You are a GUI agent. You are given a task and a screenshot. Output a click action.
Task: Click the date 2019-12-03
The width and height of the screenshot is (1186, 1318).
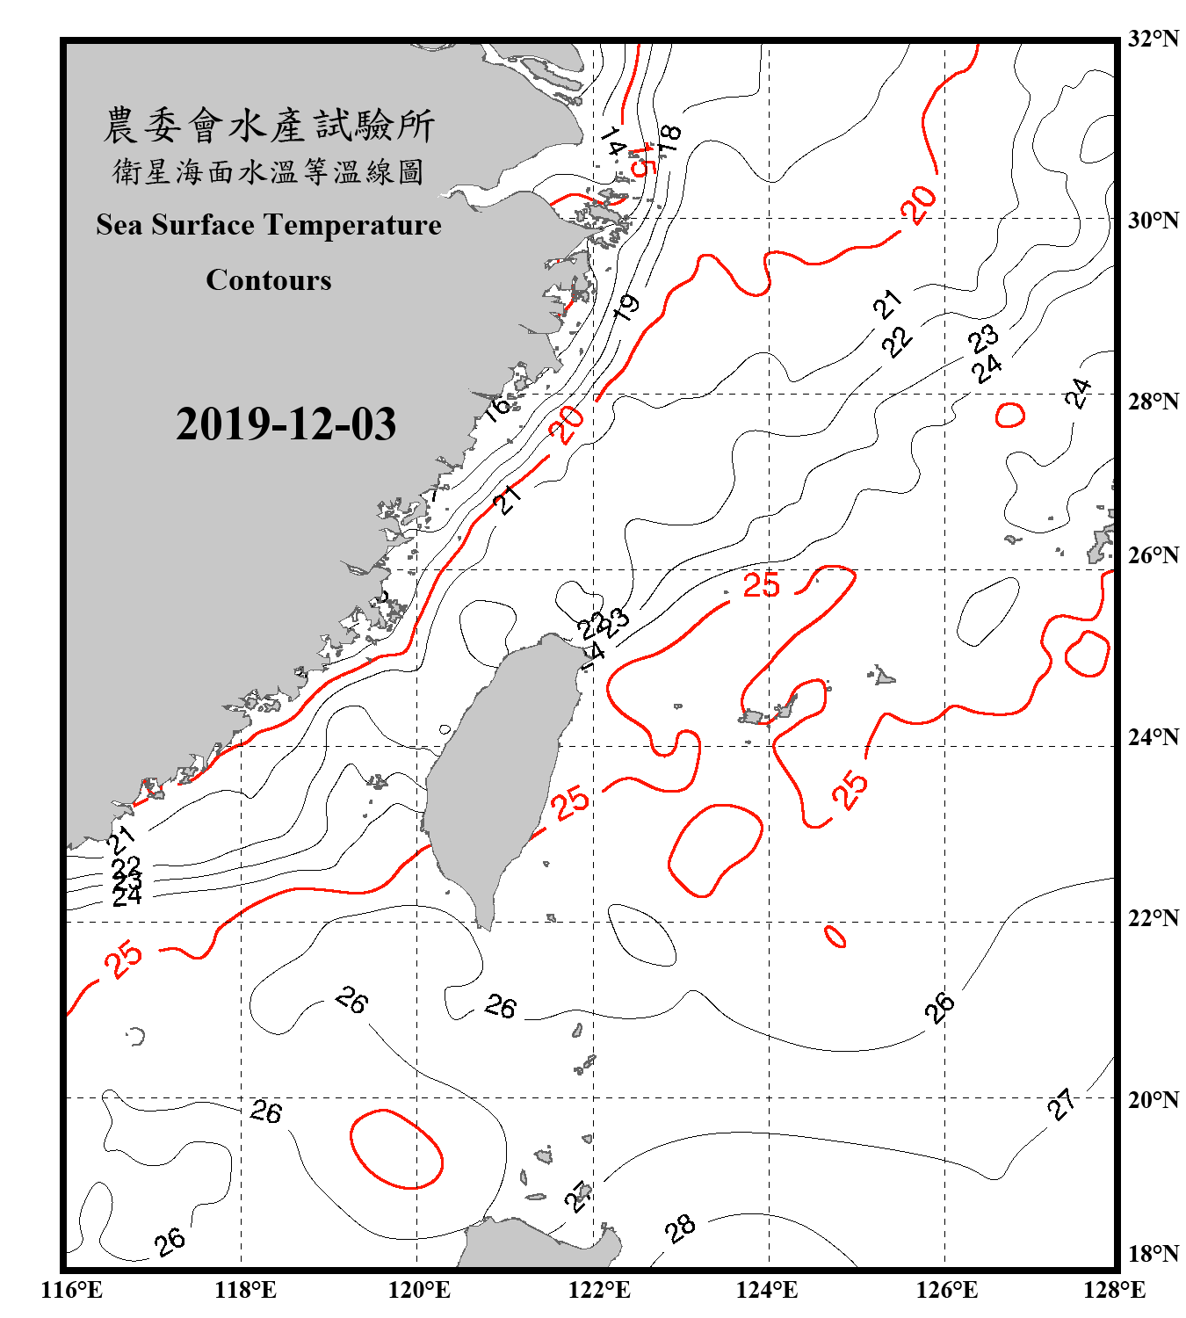click(x=286, y=424)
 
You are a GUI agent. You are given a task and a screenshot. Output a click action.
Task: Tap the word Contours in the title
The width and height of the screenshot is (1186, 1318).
click(x=269, y=280)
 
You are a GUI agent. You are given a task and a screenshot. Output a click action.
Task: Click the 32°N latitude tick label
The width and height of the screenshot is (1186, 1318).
click(x=1153, y=39)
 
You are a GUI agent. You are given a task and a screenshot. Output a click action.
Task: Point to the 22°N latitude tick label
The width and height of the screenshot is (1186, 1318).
click(x=1153, y=918)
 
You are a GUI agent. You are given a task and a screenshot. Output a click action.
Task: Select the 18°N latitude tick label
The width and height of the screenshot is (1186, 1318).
click(x=1153, y=1254)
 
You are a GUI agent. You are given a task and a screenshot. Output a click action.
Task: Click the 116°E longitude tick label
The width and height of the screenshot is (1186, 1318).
click(x=72, y=1290)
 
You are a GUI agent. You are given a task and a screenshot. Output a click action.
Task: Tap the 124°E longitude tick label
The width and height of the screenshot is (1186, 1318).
click(x=767, y=1290)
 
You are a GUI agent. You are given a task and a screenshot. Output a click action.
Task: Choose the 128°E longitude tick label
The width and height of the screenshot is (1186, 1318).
click(x=1114, y=1290)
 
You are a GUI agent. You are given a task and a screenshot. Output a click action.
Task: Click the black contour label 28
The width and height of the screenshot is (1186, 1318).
click(x=680, y=1228)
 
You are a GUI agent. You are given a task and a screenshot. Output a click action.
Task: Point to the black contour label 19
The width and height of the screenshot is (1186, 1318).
click(x=626, y=308)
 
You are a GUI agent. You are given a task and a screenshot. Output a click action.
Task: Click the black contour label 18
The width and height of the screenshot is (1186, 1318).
click(x=669, y=138)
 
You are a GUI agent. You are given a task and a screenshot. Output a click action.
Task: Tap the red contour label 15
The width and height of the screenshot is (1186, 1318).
click(x=644, y=160)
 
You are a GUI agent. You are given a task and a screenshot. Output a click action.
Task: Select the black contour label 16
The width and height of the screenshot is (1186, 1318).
click(x=498, y=407)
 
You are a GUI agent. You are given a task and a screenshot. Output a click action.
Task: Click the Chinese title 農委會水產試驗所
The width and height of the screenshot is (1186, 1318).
click(x=269, y=126)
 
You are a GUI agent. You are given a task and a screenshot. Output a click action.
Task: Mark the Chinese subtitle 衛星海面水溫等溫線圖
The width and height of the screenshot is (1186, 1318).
click(x=269, y=172)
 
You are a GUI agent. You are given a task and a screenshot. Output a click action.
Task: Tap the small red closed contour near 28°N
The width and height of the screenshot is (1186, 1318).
click(x=1010, y=415)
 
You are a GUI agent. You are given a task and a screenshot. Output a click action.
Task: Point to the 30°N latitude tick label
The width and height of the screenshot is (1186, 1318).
click(x=1153, y=220)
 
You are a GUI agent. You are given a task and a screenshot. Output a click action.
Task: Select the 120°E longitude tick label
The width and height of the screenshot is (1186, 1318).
click(x=419, y=1290)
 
